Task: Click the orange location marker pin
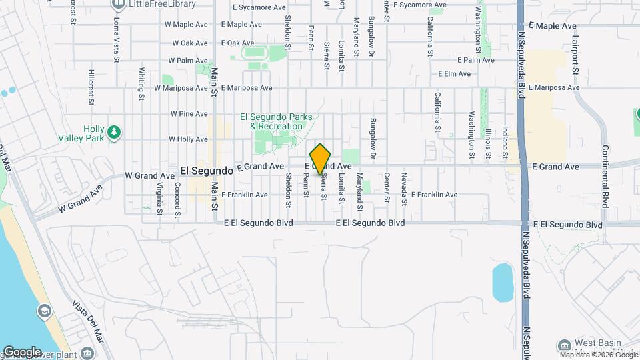pyautogui.click(x=321, y=159)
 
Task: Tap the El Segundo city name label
pyautogui.click(x=206, y=171)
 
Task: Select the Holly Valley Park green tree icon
pyautogui.click(x=115, y=133)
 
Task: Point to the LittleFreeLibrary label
pyautogui.click(x=163, y=4)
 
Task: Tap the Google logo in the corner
pyautogui.click(x=22, y=351)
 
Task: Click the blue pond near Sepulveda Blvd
pyautogui.click(x=502, y=283)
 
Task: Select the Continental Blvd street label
pyautogui.click(x=605, y=176)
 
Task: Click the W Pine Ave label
pyautogui.click(x=189, y=114)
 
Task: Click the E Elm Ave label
pyautogui.click(x=454, y=74)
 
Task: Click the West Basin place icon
pyautogui.click(x=564, y=345)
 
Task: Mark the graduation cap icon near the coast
pyautogui.click(x=44, y=311)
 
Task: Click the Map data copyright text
pyautogui.click(x=598, y=354)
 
